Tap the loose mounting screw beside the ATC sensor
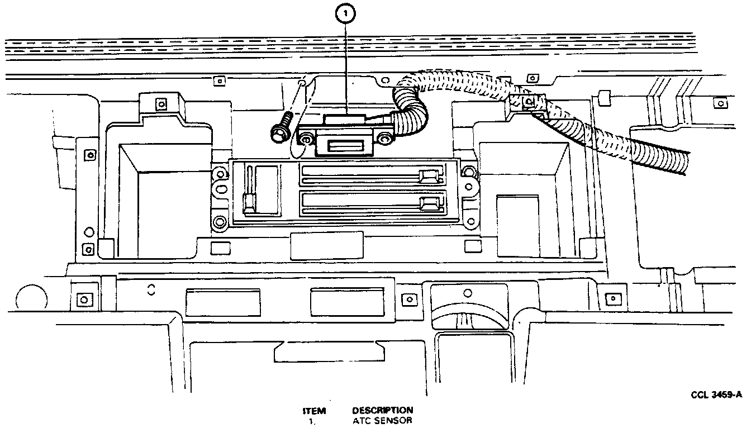coord(280,129)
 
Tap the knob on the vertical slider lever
coord(249,202)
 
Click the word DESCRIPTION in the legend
coord(383,410)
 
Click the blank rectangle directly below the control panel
coord(326,246)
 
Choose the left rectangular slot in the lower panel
coord(222,303)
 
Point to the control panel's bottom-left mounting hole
coord(220,221)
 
